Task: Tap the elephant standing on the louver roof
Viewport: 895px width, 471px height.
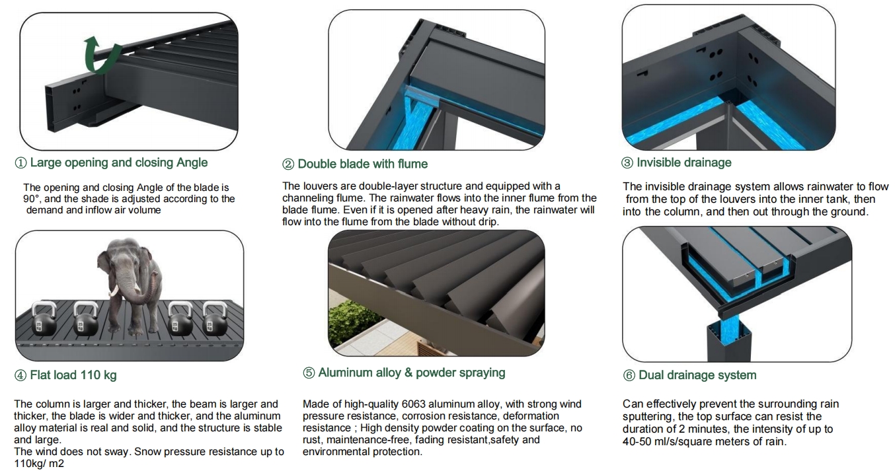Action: click(130, 285)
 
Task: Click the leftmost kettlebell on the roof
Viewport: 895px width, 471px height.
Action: click(44, 318)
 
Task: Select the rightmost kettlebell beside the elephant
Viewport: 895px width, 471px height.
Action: click(215, 318)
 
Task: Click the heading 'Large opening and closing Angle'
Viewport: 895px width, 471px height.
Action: click(119, 163)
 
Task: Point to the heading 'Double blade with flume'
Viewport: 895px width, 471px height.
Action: click(363, 164)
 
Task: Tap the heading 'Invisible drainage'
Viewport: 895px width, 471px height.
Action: click(684, 163)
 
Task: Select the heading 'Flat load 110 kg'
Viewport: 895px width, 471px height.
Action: click(73, 375)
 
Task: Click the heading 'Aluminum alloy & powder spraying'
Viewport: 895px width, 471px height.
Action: click(412, 373)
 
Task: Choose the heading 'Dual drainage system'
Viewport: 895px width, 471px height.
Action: click(697, 375)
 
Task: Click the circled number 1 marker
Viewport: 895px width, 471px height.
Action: click(20, 163)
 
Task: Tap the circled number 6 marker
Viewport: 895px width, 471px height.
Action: click(629, 376)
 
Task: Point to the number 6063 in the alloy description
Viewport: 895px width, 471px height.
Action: click(413, 404)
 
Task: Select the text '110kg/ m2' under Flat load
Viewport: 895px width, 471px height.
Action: click(39, 464)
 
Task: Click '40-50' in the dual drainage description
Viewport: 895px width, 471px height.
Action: click(638, 441)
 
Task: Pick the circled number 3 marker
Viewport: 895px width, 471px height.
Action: click(627, 163)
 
